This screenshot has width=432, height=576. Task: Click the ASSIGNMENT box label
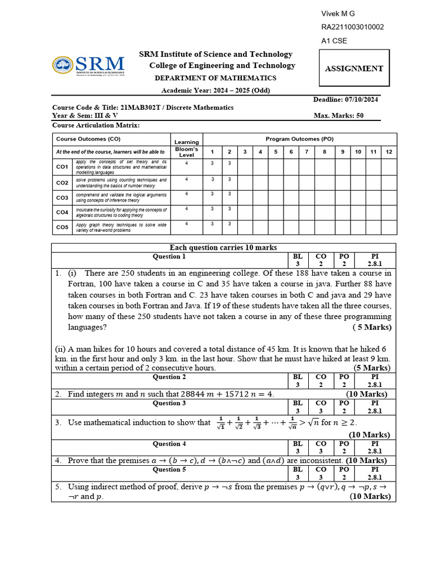coord(354,69)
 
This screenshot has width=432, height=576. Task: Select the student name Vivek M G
coord(337,14)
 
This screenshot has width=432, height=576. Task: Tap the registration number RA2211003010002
coord(353,28)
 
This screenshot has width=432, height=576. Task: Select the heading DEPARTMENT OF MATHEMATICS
coord(216,78)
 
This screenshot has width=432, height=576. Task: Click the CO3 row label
coord(62,197)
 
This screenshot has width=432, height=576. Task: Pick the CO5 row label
coord(62,227)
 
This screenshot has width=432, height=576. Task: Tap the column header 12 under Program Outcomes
coord(389,152)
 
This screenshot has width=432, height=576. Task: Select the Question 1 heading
coord(169,256)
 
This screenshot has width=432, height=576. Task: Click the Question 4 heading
coord(169,444)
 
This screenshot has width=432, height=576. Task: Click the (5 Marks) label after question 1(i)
coord(372,327)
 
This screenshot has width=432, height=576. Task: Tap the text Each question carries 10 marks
coord(223,247)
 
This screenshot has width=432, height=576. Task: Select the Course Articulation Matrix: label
coord(96,125)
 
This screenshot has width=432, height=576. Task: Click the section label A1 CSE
coord(334,41)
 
